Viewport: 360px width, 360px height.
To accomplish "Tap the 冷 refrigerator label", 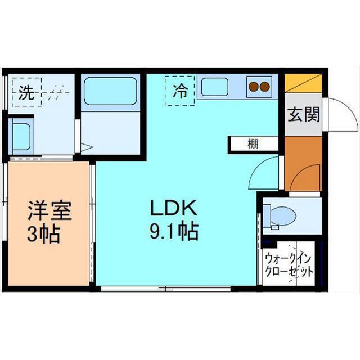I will tap(179, 90).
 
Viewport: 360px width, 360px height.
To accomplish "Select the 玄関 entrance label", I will tap(304, 115).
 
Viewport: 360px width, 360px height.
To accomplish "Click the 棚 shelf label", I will tap(253, 144).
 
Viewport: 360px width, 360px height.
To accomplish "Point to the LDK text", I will tap(172, 209).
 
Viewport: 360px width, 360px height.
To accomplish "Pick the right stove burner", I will tap(264, 87).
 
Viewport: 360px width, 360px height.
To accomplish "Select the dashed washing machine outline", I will tap(39, 91).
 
